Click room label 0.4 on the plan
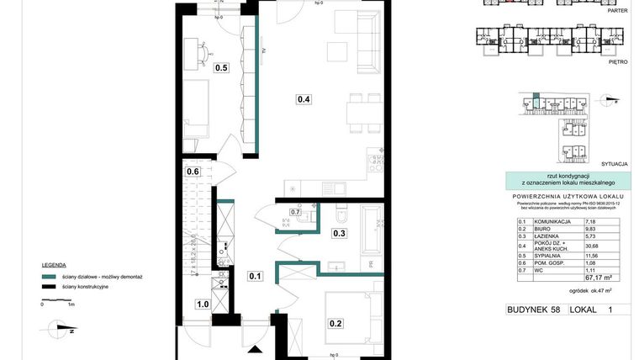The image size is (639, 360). (304, 99)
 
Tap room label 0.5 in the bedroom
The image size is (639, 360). (222, 68)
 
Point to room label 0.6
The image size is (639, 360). (193, 172)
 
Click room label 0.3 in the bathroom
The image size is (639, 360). (340, 233)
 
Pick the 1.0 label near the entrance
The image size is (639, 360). (203, 304)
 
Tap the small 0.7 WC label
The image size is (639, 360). (295, 212)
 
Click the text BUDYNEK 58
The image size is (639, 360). (533, 310)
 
